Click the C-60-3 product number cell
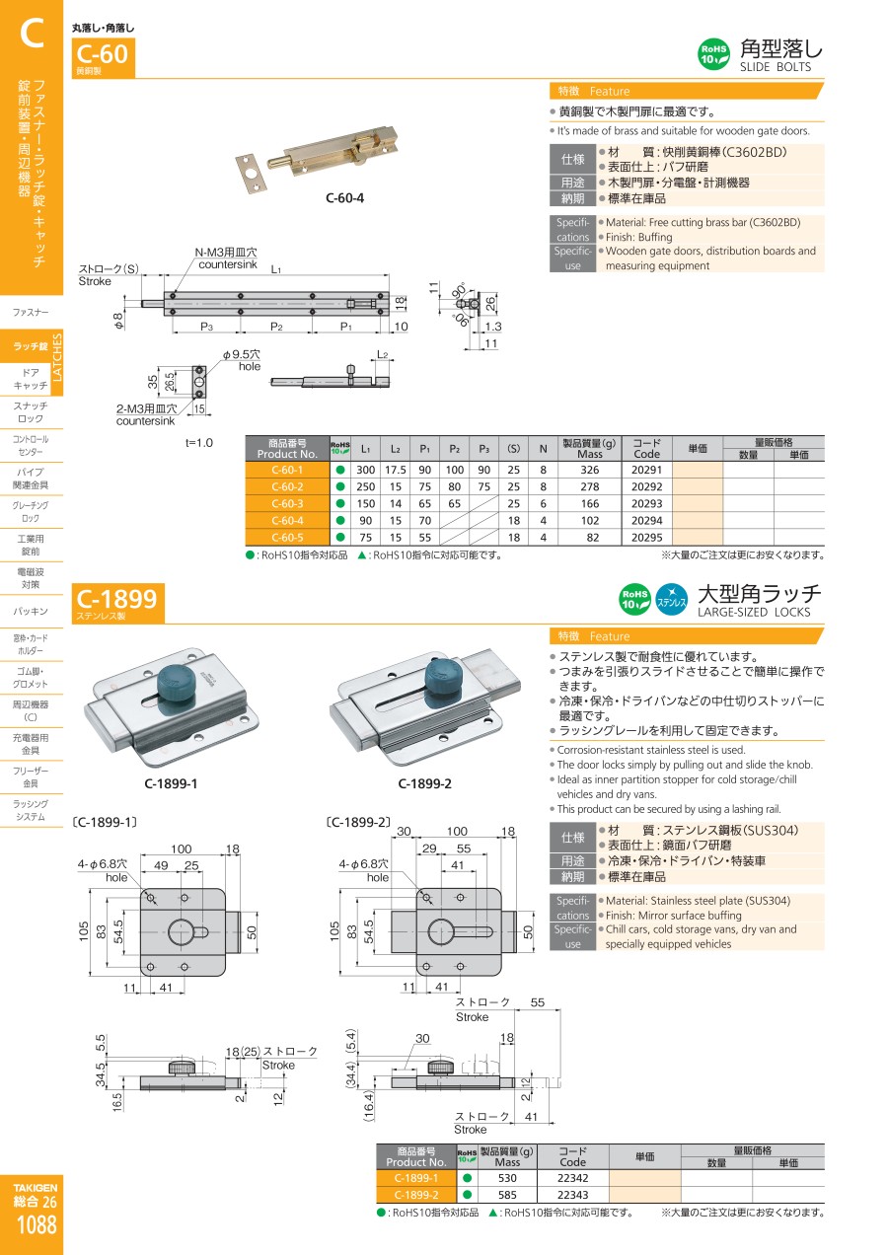pyautogui.click(x=287, y=504)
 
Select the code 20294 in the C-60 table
pyautogui.click(x=646, y=521)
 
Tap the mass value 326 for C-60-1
pyautogui.click(x=589, y=470)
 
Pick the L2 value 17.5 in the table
pyautogui.click(x=395, y=470)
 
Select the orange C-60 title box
pyautogui.click(x=103, y=57)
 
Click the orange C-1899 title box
pyautogui.click(x=117, y=603)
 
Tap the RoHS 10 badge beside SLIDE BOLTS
pyautogui.click(x=713, y=54)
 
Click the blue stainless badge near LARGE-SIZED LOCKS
pyautogui.click(x=671, y=599)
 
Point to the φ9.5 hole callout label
pyautogui.click(x=242, y=360)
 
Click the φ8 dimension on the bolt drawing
pyautogui.click(x=118, y=321)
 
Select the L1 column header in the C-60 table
pyautogui.click(x=365, y=449)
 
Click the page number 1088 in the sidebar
pyautogui.click(x=37, y=1224)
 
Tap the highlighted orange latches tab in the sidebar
pyautogui.click(x=32, y=347)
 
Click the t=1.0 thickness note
pyautogui.click(x=199, y=443)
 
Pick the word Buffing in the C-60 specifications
pyautogui.click(x=655, y=237)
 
